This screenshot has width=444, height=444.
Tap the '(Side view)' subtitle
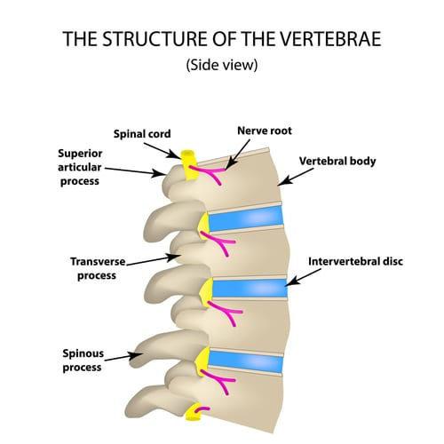221,66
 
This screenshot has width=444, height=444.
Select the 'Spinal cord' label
142,135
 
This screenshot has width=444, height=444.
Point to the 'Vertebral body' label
337,162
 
